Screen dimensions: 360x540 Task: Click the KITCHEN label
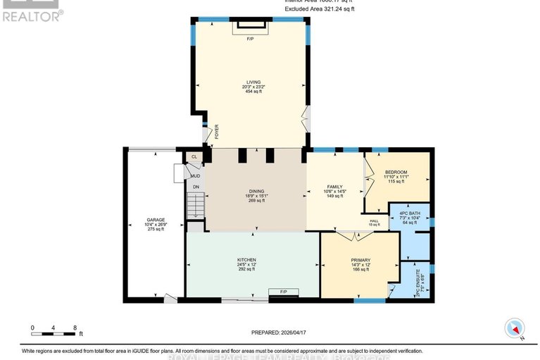click(246, 259)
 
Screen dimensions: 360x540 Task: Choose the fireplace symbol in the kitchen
click(283, 291)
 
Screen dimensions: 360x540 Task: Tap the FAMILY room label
click(335, 187)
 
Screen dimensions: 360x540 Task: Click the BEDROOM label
click(397, 172)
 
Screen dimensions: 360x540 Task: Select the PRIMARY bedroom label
click(360, 260)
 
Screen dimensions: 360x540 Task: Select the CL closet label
click(194, 157)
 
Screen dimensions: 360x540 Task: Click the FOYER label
click(216, 130)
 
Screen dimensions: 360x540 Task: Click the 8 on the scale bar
click(75, 328)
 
